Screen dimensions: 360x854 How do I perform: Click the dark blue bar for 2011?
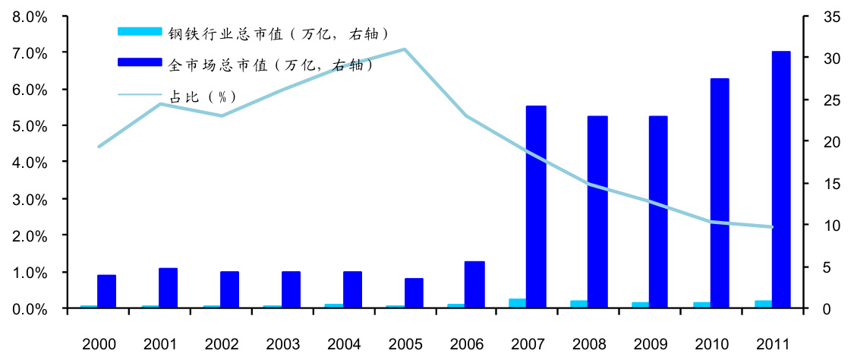781,179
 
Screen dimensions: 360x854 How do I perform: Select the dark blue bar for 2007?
536,207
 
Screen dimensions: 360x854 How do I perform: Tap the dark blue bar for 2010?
720,193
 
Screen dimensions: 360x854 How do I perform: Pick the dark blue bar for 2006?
474,285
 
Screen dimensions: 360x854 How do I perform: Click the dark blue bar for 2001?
168,288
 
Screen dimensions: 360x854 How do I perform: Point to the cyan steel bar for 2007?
517,304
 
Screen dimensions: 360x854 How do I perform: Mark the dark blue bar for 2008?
597,212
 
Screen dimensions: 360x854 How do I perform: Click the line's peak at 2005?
405,49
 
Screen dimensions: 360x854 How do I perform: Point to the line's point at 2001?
160,103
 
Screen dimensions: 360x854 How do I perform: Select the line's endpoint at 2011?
772,227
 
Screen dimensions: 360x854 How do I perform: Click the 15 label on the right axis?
821,184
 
